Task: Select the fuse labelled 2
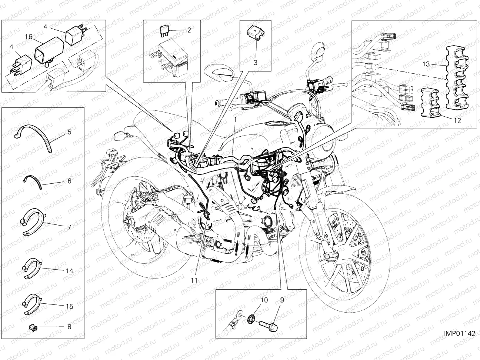(165, 30)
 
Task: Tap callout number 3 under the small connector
(255, 62)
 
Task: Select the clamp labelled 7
(33, 222)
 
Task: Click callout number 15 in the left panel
(70, 307)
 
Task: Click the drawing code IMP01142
(459, 334)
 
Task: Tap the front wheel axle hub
(327, 255)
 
